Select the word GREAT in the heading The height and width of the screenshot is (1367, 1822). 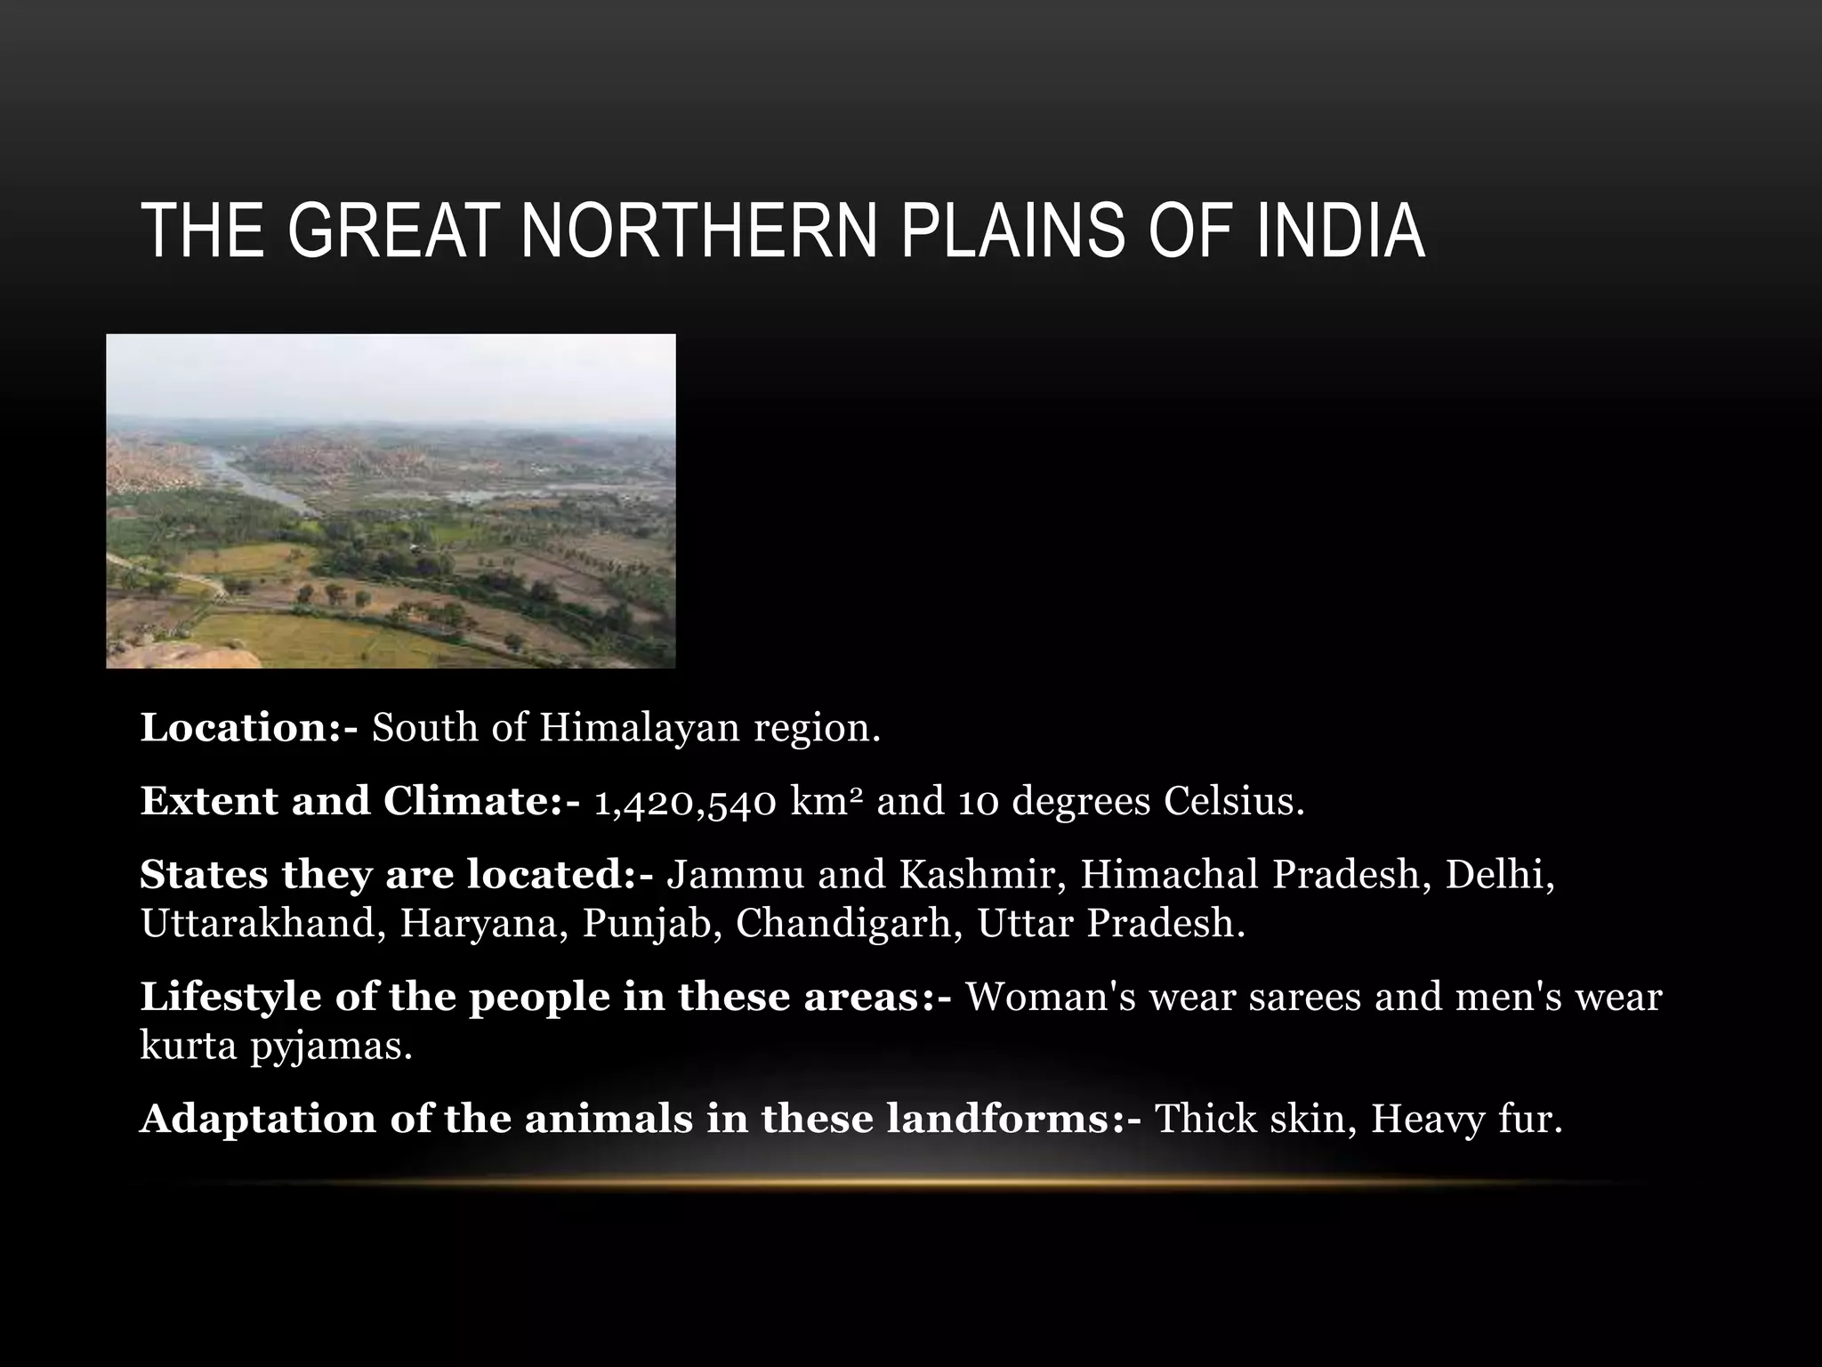pyautogui.click(x=390, y=231)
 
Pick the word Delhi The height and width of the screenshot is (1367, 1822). pyautogui.click(x=1500, y=875)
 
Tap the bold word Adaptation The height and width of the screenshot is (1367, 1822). pyautogui.click(x=258, y=1120)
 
